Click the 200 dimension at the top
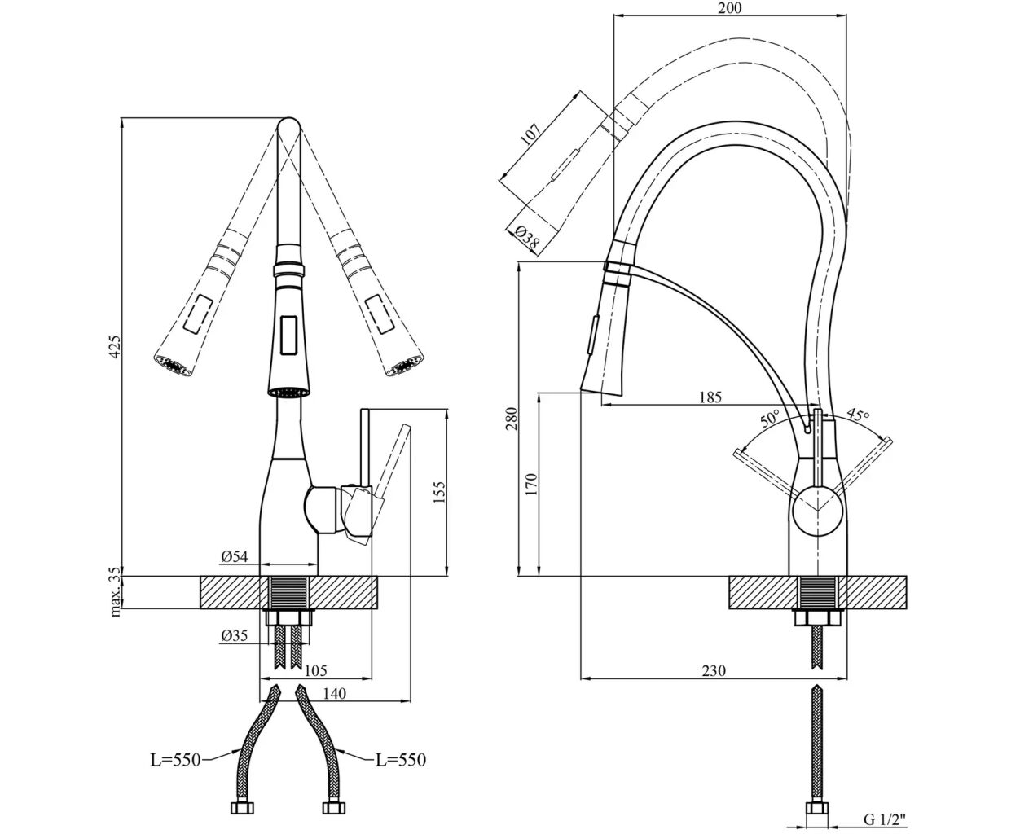click(731, 8)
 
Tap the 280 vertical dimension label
click(512, 420)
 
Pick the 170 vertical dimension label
click(531, 484)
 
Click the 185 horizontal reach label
click(711, 398)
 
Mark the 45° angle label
click(856, 414)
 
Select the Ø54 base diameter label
click(234, 556)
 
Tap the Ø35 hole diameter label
click(234, 636)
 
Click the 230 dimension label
click(713, 670)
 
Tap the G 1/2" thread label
click(883, 819)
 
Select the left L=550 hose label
click(174, 759)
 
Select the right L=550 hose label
click(400, 759)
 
